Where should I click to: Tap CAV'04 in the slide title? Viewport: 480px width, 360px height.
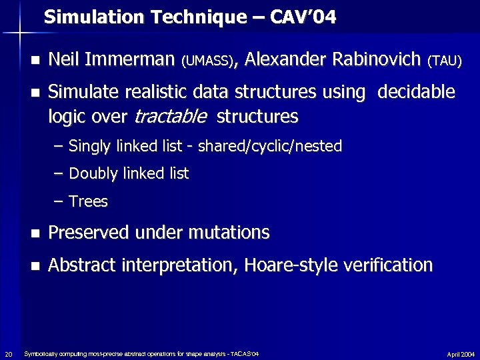point(305,17)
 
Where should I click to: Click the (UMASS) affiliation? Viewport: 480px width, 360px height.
point(207,62)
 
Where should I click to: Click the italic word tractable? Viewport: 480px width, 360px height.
point(169,117)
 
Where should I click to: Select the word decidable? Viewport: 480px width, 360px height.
point(416,91)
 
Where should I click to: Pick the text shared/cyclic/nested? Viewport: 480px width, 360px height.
point(269,146)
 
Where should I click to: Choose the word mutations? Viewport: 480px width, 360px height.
point(229,233)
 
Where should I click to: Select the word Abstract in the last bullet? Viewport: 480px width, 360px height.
point(81,265)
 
